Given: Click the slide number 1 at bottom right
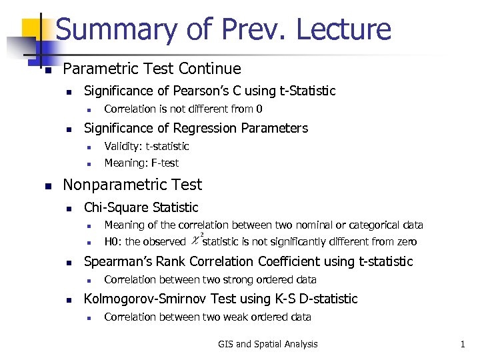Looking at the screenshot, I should coord(462,344).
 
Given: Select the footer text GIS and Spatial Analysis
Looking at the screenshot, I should coord(268,344).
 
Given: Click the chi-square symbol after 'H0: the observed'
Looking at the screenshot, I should coord(195,241).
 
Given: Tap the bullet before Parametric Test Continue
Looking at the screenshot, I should coord(47,69).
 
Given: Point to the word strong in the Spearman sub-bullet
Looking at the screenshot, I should coord(235,279).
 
